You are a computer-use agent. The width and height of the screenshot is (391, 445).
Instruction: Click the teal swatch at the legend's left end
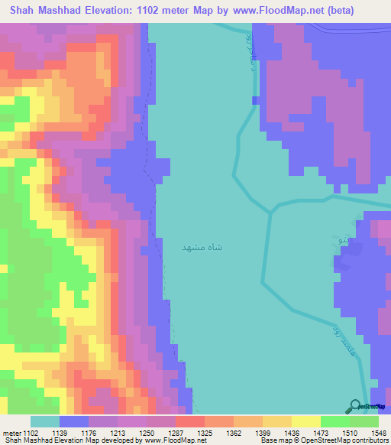pos(45,422)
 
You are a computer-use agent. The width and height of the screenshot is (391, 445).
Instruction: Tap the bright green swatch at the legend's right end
pos(364,422)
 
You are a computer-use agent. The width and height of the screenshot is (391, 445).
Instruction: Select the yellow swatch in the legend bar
pos(306,422)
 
